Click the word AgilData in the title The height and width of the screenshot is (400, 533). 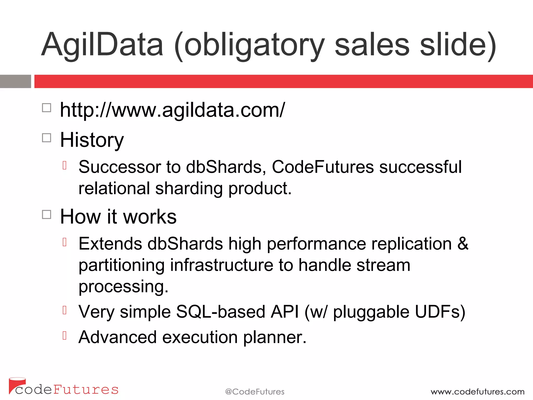pos(102,45)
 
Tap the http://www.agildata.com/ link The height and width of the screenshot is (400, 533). pos(172,110)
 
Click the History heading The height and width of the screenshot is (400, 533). pos(92,140)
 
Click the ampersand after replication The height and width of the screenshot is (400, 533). pos(463,244)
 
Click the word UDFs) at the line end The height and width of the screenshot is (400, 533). pos(440,312)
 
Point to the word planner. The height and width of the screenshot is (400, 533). pos(275,337)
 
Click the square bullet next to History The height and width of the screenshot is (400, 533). pos(47,138)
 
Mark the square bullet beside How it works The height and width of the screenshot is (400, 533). pos(47,215)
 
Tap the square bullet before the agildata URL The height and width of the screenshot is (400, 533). pos(47,108)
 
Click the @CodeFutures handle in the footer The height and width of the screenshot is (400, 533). pos(255,392)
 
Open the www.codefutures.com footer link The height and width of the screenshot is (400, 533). pos(477,392)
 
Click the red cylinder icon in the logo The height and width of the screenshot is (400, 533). pos(16,384)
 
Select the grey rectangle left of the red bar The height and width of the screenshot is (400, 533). pos(15,81)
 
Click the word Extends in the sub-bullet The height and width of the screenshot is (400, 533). pos(110,244)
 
